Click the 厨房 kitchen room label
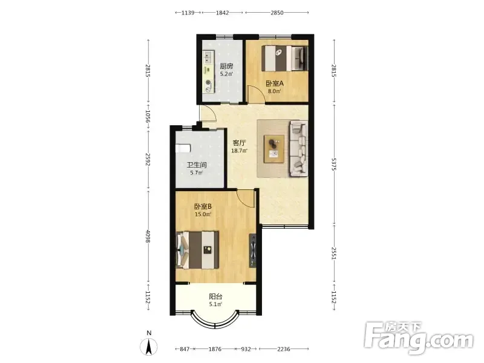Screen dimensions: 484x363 pos(226,66)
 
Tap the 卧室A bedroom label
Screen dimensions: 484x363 pos(275,83)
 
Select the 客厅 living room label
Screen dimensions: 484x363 pos(239,143)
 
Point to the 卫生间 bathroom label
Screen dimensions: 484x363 pos(197,165)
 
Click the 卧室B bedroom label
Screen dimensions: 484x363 pos(203,206)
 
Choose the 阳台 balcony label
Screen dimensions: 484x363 pos(215,296)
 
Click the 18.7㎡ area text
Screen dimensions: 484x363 pos(239,151)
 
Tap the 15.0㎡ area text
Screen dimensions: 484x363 pos(203,214)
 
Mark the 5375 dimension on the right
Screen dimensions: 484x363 pos(334,165)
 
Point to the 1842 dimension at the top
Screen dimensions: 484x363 pos(222,13)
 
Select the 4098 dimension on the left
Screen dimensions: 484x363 pos(148,236)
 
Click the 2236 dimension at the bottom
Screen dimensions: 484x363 pos(284,349)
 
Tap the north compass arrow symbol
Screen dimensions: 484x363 pos(148,346)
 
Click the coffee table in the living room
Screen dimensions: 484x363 pos(274,148)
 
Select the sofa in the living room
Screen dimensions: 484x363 pos(298,148)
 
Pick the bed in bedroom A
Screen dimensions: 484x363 pos(284,58)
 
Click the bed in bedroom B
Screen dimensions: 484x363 pos(198,250)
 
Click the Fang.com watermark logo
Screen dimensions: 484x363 pos(419,338)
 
